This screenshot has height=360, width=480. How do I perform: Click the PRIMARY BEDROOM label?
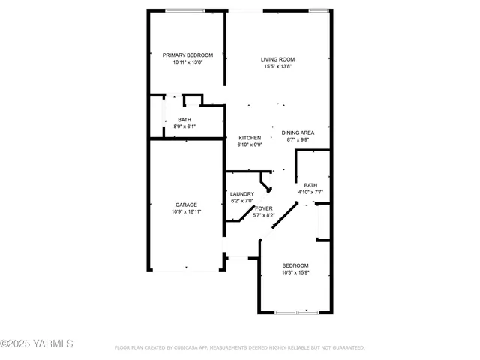187,55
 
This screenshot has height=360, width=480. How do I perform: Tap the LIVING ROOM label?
277,59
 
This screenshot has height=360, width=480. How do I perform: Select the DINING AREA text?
298,133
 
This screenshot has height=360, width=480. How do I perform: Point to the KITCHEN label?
250,138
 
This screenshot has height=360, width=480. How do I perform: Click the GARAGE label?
187,205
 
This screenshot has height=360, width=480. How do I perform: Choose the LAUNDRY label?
242,194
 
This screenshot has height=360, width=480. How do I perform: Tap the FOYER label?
264,208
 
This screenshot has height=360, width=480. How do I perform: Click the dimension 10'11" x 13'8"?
187,62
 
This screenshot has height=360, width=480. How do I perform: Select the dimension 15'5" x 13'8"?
277,66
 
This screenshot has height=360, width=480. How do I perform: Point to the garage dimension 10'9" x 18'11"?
187,212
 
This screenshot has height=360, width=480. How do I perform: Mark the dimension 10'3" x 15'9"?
295,273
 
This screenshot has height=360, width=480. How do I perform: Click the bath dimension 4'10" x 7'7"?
310,192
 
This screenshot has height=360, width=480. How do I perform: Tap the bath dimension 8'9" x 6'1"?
184,127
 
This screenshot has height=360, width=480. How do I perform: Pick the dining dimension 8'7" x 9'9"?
298,139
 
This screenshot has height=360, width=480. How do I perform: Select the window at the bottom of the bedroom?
297,311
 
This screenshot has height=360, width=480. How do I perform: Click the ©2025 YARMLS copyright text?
37,344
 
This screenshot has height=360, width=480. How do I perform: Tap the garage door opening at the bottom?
187,268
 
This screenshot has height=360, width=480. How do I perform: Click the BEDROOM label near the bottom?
295,265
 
